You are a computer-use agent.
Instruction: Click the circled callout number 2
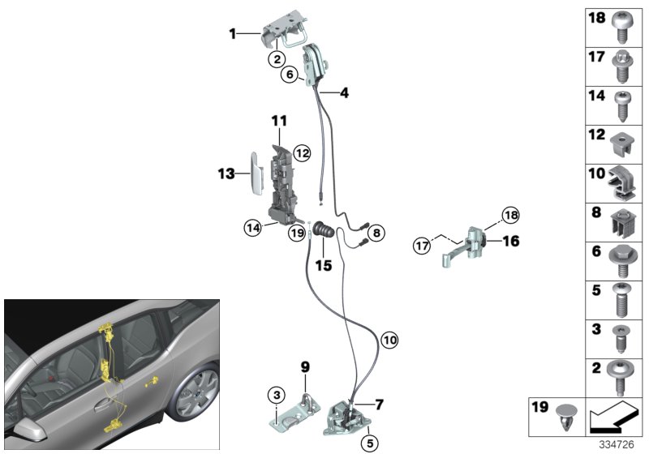(x=277, y=58)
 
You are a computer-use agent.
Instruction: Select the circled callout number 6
(x=288, y=75)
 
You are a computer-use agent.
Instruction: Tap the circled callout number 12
(x=302, y=152)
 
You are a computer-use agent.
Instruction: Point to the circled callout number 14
(x=254, y=228)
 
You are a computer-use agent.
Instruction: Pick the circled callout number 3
(x=277, y=395)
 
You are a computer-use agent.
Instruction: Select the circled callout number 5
(x=369, y=443)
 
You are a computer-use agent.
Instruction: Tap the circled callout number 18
(x=509, y=215)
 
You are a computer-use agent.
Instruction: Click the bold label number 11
(x=279, y=122)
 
